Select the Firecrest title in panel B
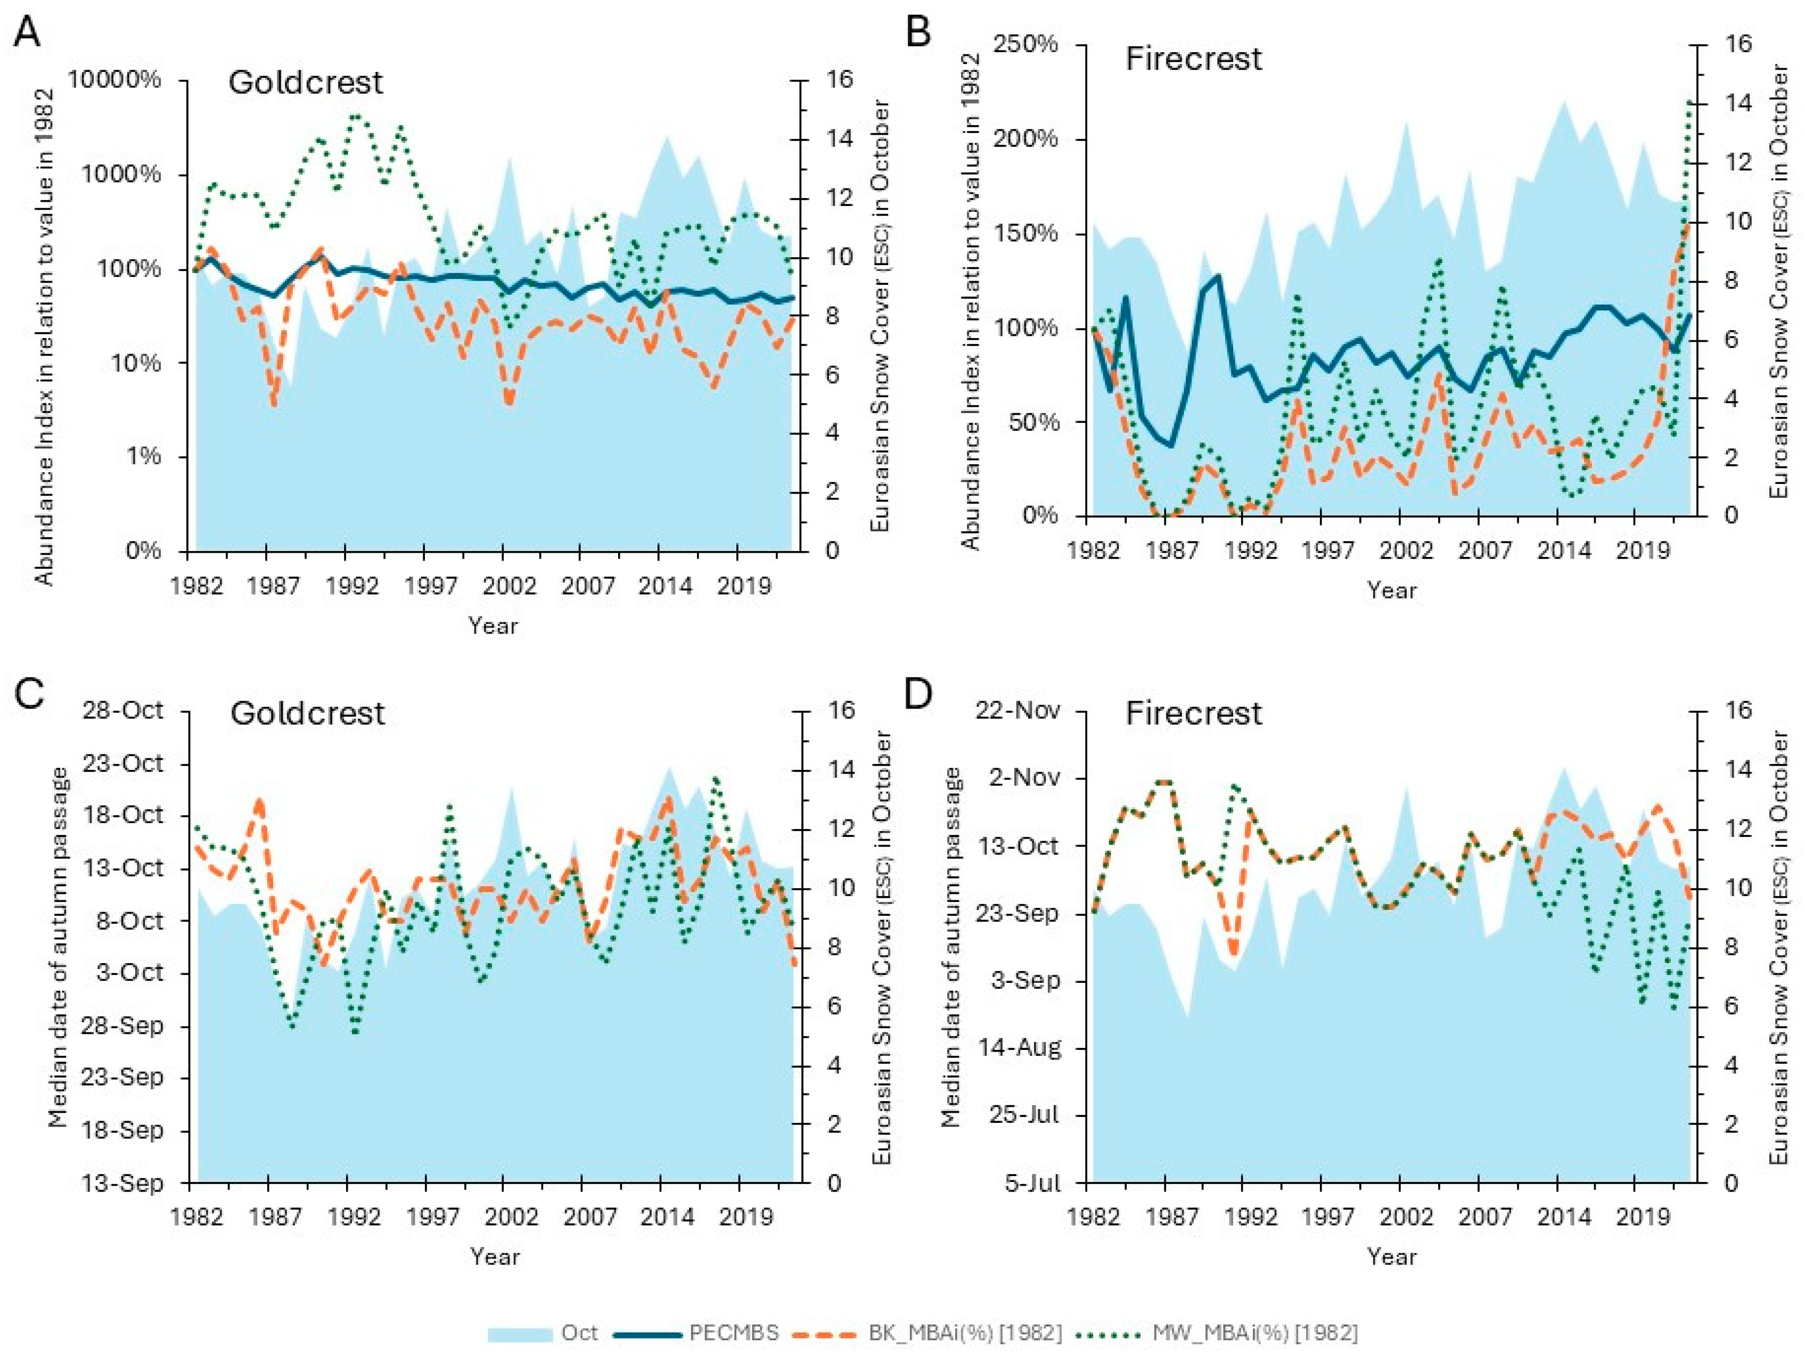(x=1193, y=59)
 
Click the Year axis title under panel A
(x=493, y=626)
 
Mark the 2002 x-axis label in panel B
(x=1405, y=551)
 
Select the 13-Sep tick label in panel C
(x=122, y=1183)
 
